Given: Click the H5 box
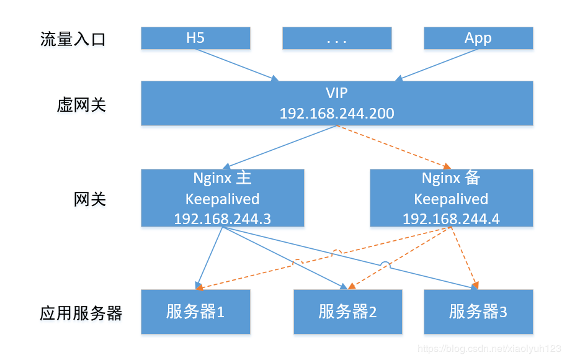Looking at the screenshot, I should pos(195,38).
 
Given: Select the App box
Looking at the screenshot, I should pos(478,38).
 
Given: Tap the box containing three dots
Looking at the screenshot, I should pos(337,38).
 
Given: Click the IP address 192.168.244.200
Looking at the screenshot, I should pos(337,114).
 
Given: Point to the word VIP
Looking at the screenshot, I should pos(337,93).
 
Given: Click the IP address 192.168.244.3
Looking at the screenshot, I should pos(222,218).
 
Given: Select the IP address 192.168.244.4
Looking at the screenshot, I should pos(451,218).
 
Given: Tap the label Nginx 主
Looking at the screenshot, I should pos(222,179).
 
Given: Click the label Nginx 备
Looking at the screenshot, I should pos(451,179).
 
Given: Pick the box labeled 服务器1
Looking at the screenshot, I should pos(195,312).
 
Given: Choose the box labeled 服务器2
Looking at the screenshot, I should pos(347,312).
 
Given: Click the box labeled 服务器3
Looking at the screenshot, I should pos(478,312).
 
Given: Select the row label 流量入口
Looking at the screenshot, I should pos(73,40).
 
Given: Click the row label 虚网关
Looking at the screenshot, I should pos(81,104).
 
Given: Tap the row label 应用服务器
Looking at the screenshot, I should pos(81,313).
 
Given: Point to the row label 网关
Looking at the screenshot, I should pos(90,199).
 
